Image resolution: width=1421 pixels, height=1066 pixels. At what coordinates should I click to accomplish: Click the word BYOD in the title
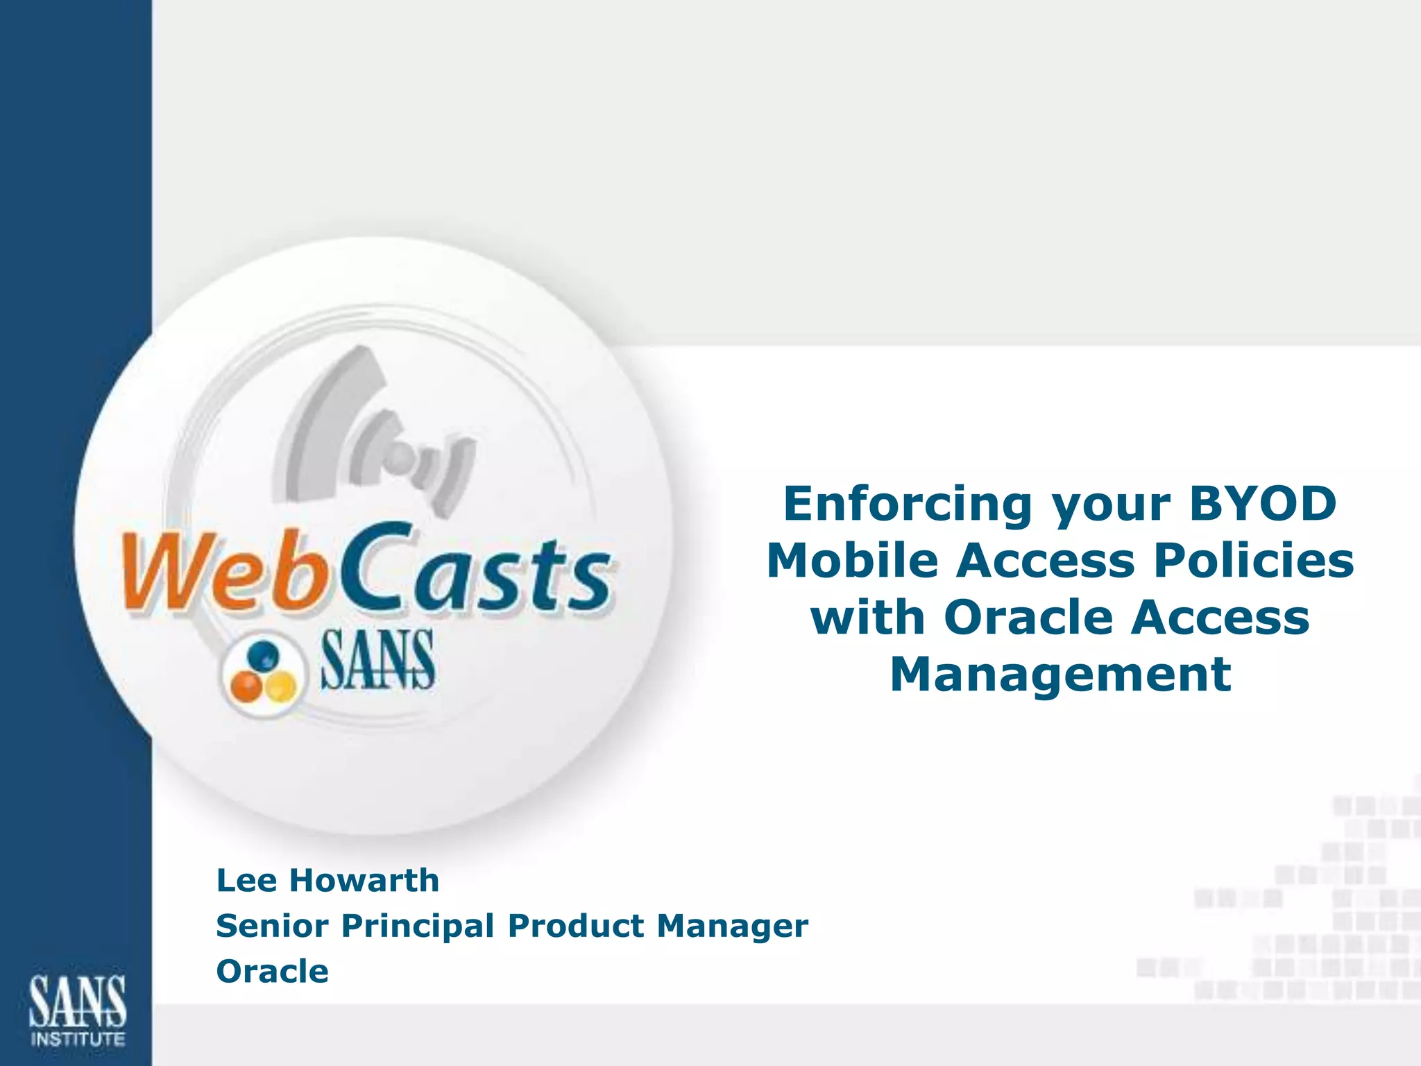(1263, 504)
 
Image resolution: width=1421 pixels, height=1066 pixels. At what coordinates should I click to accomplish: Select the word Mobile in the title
(853, 561)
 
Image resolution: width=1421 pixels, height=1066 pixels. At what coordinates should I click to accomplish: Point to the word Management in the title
(1060, 675)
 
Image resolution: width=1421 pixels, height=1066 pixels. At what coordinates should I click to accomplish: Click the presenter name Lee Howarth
(327, 881)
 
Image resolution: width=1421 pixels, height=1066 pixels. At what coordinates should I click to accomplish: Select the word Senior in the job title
(272, 926)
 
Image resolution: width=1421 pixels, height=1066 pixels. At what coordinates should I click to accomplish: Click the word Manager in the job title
(732, 926)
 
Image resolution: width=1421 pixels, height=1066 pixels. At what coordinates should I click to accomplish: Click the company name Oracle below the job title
(272, 972)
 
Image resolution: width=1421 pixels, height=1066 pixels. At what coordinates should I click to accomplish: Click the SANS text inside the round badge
(377, 661)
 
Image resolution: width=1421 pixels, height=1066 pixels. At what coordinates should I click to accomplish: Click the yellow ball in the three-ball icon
(280, 687)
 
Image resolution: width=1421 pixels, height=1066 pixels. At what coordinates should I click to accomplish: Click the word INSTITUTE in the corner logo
(78, 1039)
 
